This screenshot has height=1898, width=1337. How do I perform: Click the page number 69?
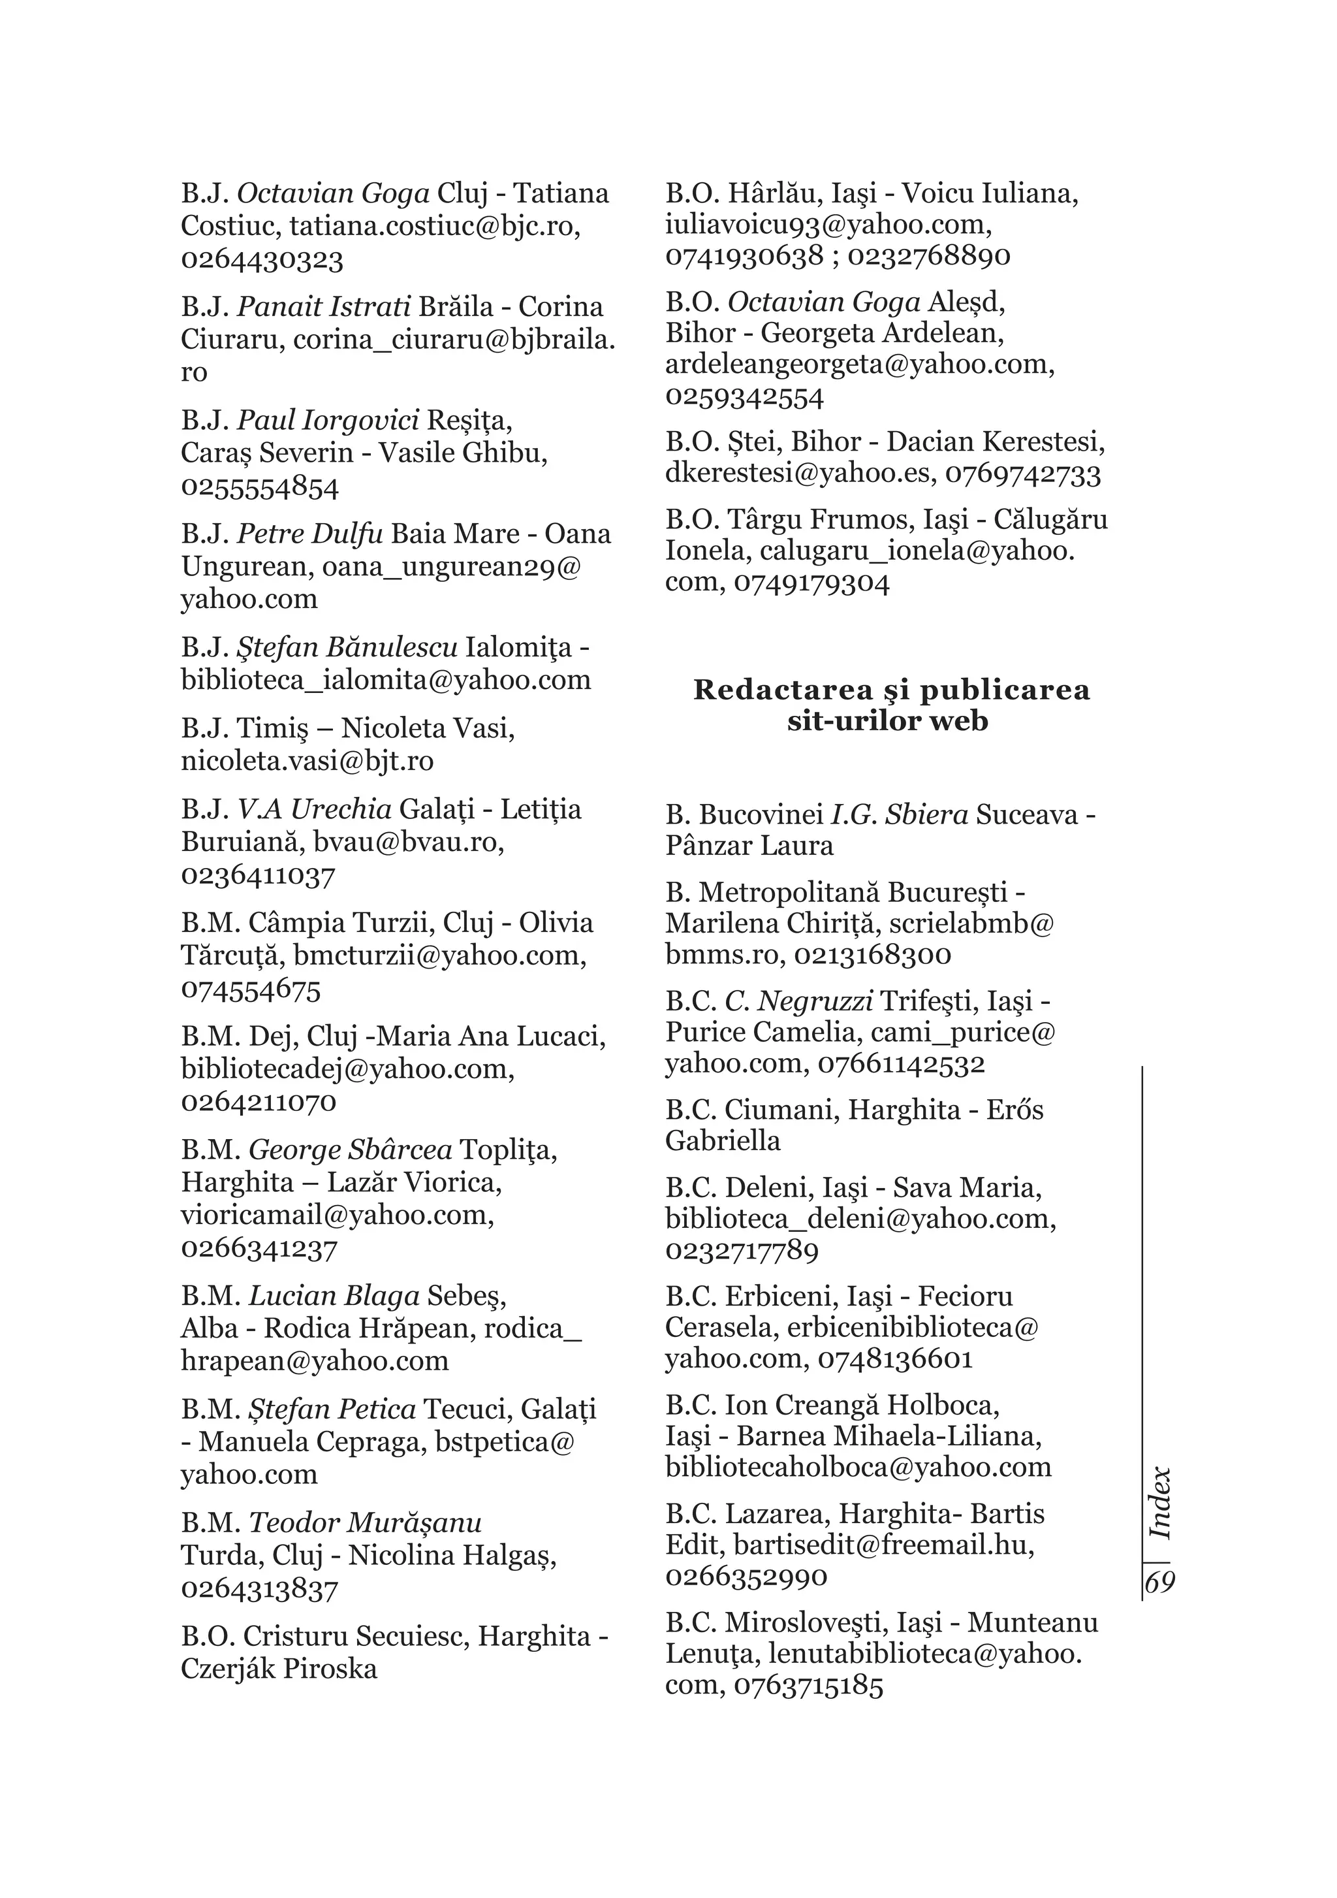[1159, 1583]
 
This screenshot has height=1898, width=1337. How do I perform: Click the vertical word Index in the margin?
[1161, 1504]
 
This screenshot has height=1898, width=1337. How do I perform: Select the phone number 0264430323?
[262, 259]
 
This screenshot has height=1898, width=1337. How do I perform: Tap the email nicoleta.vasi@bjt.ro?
[307, 760]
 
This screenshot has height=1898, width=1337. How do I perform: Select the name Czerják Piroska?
[279, 1668]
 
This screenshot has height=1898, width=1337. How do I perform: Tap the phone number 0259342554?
[744, 397]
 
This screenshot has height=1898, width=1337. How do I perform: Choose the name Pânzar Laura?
[749, 846]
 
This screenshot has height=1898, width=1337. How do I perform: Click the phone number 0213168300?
[872, 955]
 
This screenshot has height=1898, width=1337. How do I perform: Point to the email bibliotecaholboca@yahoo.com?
[858, 1468]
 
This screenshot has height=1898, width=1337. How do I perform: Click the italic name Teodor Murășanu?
[364, 1522]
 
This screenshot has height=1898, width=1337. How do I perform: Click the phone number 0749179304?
[811, 584]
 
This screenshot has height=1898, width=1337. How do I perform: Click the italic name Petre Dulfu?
[310, 534]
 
